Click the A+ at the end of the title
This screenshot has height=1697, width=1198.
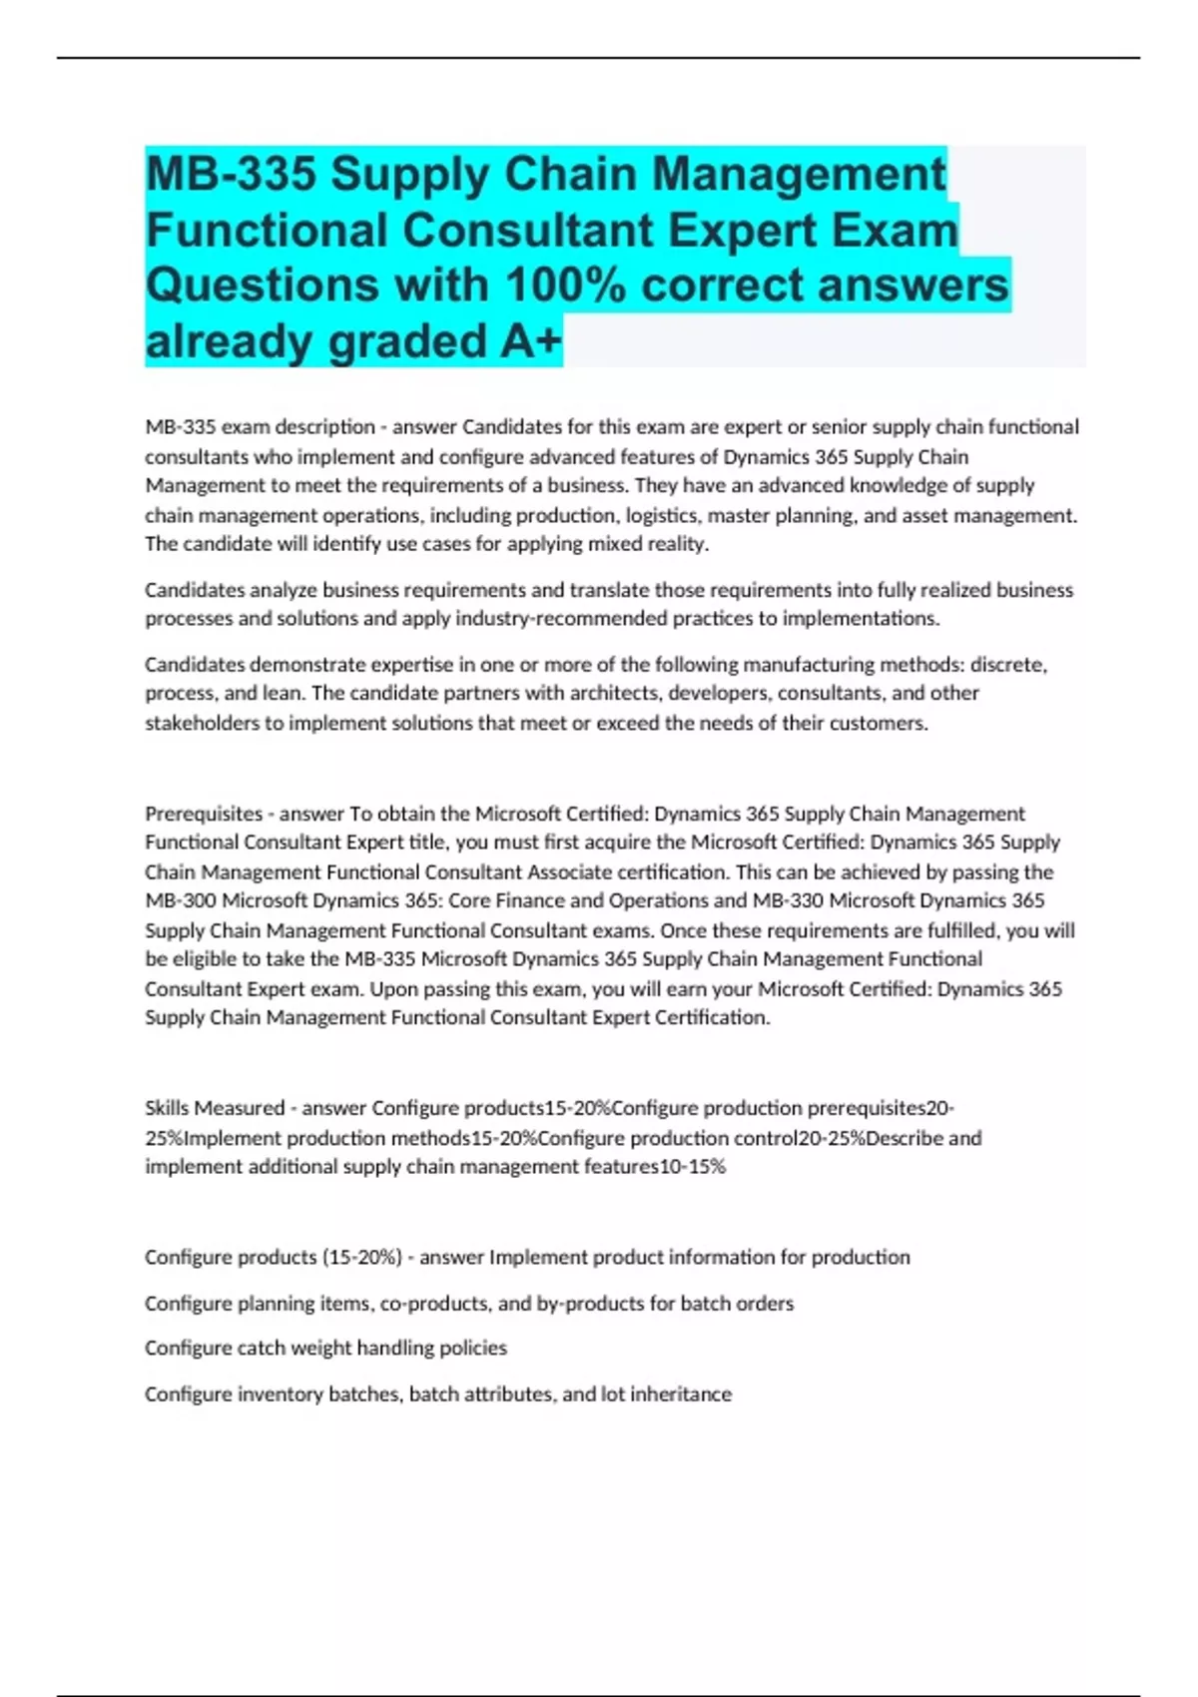pos(531,341)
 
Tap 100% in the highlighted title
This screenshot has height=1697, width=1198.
pos(565,285)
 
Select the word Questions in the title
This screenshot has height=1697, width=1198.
pos(262,285)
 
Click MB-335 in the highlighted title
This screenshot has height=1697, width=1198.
pos(232,174)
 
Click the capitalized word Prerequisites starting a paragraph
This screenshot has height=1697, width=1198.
pos(204,814)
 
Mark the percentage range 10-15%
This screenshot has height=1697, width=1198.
pos(692,1167)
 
